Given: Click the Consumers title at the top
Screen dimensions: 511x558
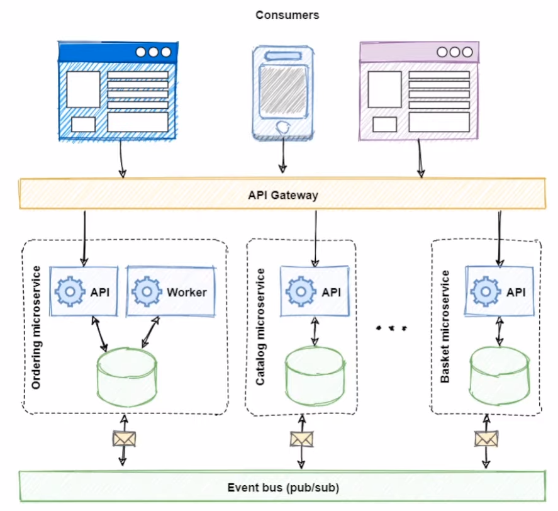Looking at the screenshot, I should (x=287, y=14).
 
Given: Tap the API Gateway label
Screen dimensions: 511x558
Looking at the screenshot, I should (x=282, y=195).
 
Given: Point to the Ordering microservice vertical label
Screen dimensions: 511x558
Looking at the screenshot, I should (x=36, y=327).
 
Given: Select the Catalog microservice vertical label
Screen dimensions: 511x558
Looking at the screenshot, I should (x=260, y=327).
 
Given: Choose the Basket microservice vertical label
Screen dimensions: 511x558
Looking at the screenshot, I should (x=445, y=327).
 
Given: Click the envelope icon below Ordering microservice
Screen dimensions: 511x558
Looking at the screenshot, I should (x=123, y=437).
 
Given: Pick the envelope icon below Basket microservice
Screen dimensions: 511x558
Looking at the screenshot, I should (x=484, y=437).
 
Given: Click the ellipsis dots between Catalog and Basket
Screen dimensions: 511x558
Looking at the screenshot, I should (x=391, y=328).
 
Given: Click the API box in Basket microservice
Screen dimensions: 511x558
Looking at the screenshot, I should (x=500, y=291).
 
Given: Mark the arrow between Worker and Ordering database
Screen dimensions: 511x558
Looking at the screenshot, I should (x=150, y=330).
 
